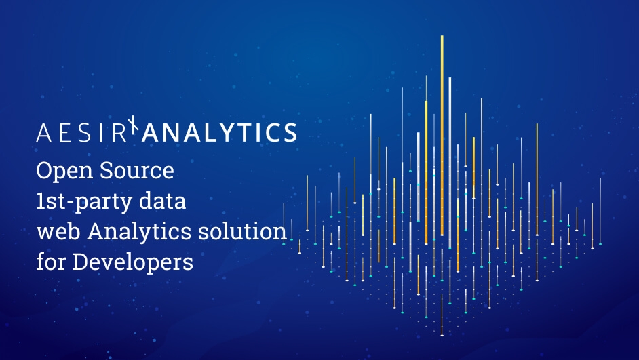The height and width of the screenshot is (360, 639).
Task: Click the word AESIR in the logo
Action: click(x=81, y=132)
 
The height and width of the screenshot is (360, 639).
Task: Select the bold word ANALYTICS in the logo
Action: click(x=218, y=132)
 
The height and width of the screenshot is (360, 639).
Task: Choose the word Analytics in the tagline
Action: click(x=133, y=232)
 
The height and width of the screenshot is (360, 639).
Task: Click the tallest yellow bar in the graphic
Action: click(x=442, y=136)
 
